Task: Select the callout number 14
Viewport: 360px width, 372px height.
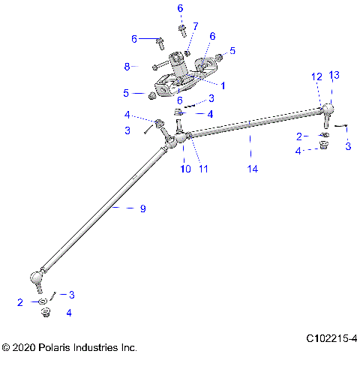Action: [252, 170]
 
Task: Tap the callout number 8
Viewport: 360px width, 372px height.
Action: [127, 67]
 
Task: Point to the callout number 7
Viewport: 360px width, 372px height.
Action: [195, 26]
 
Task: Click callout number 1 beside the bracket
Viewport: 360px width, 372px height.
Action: [222, 85]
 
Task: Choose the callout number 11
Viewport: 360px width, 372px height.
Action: [202, 169]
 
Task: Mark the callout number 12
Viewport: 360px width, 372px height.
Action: [316, 76]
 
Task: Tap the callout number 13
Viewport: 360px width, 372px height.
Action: [334, 75]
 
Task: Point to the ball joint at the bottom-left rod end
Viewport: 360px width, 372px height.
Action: [36, 279]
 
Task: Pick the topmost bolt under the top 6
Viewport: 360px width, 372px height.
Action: [182, 29]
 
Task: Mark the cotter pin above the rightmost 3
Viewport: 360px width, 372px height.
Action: [340, 126]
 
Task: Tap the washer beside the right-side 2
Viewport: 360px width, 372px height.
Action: [324, 136]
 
